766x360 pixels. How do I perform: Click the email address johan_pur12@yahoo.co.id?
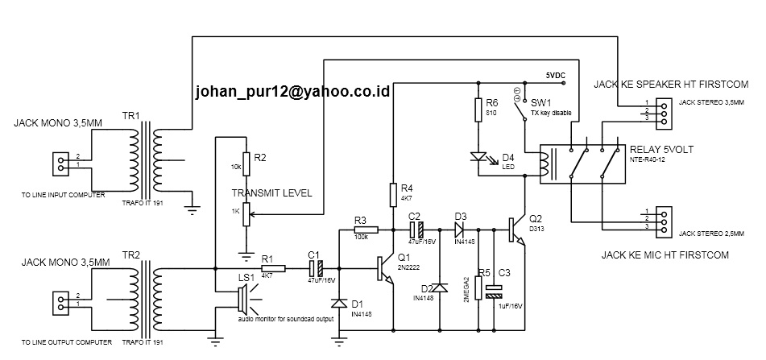(292, 93)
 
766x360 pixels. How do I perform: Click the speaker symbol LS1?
(241, 303)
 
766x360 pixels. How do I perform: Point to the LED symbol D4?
(480, 157)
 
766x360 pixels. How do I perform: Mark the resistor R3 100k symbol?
(362, 230)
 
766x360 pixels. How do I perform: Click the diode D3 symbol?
(462, 230)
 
